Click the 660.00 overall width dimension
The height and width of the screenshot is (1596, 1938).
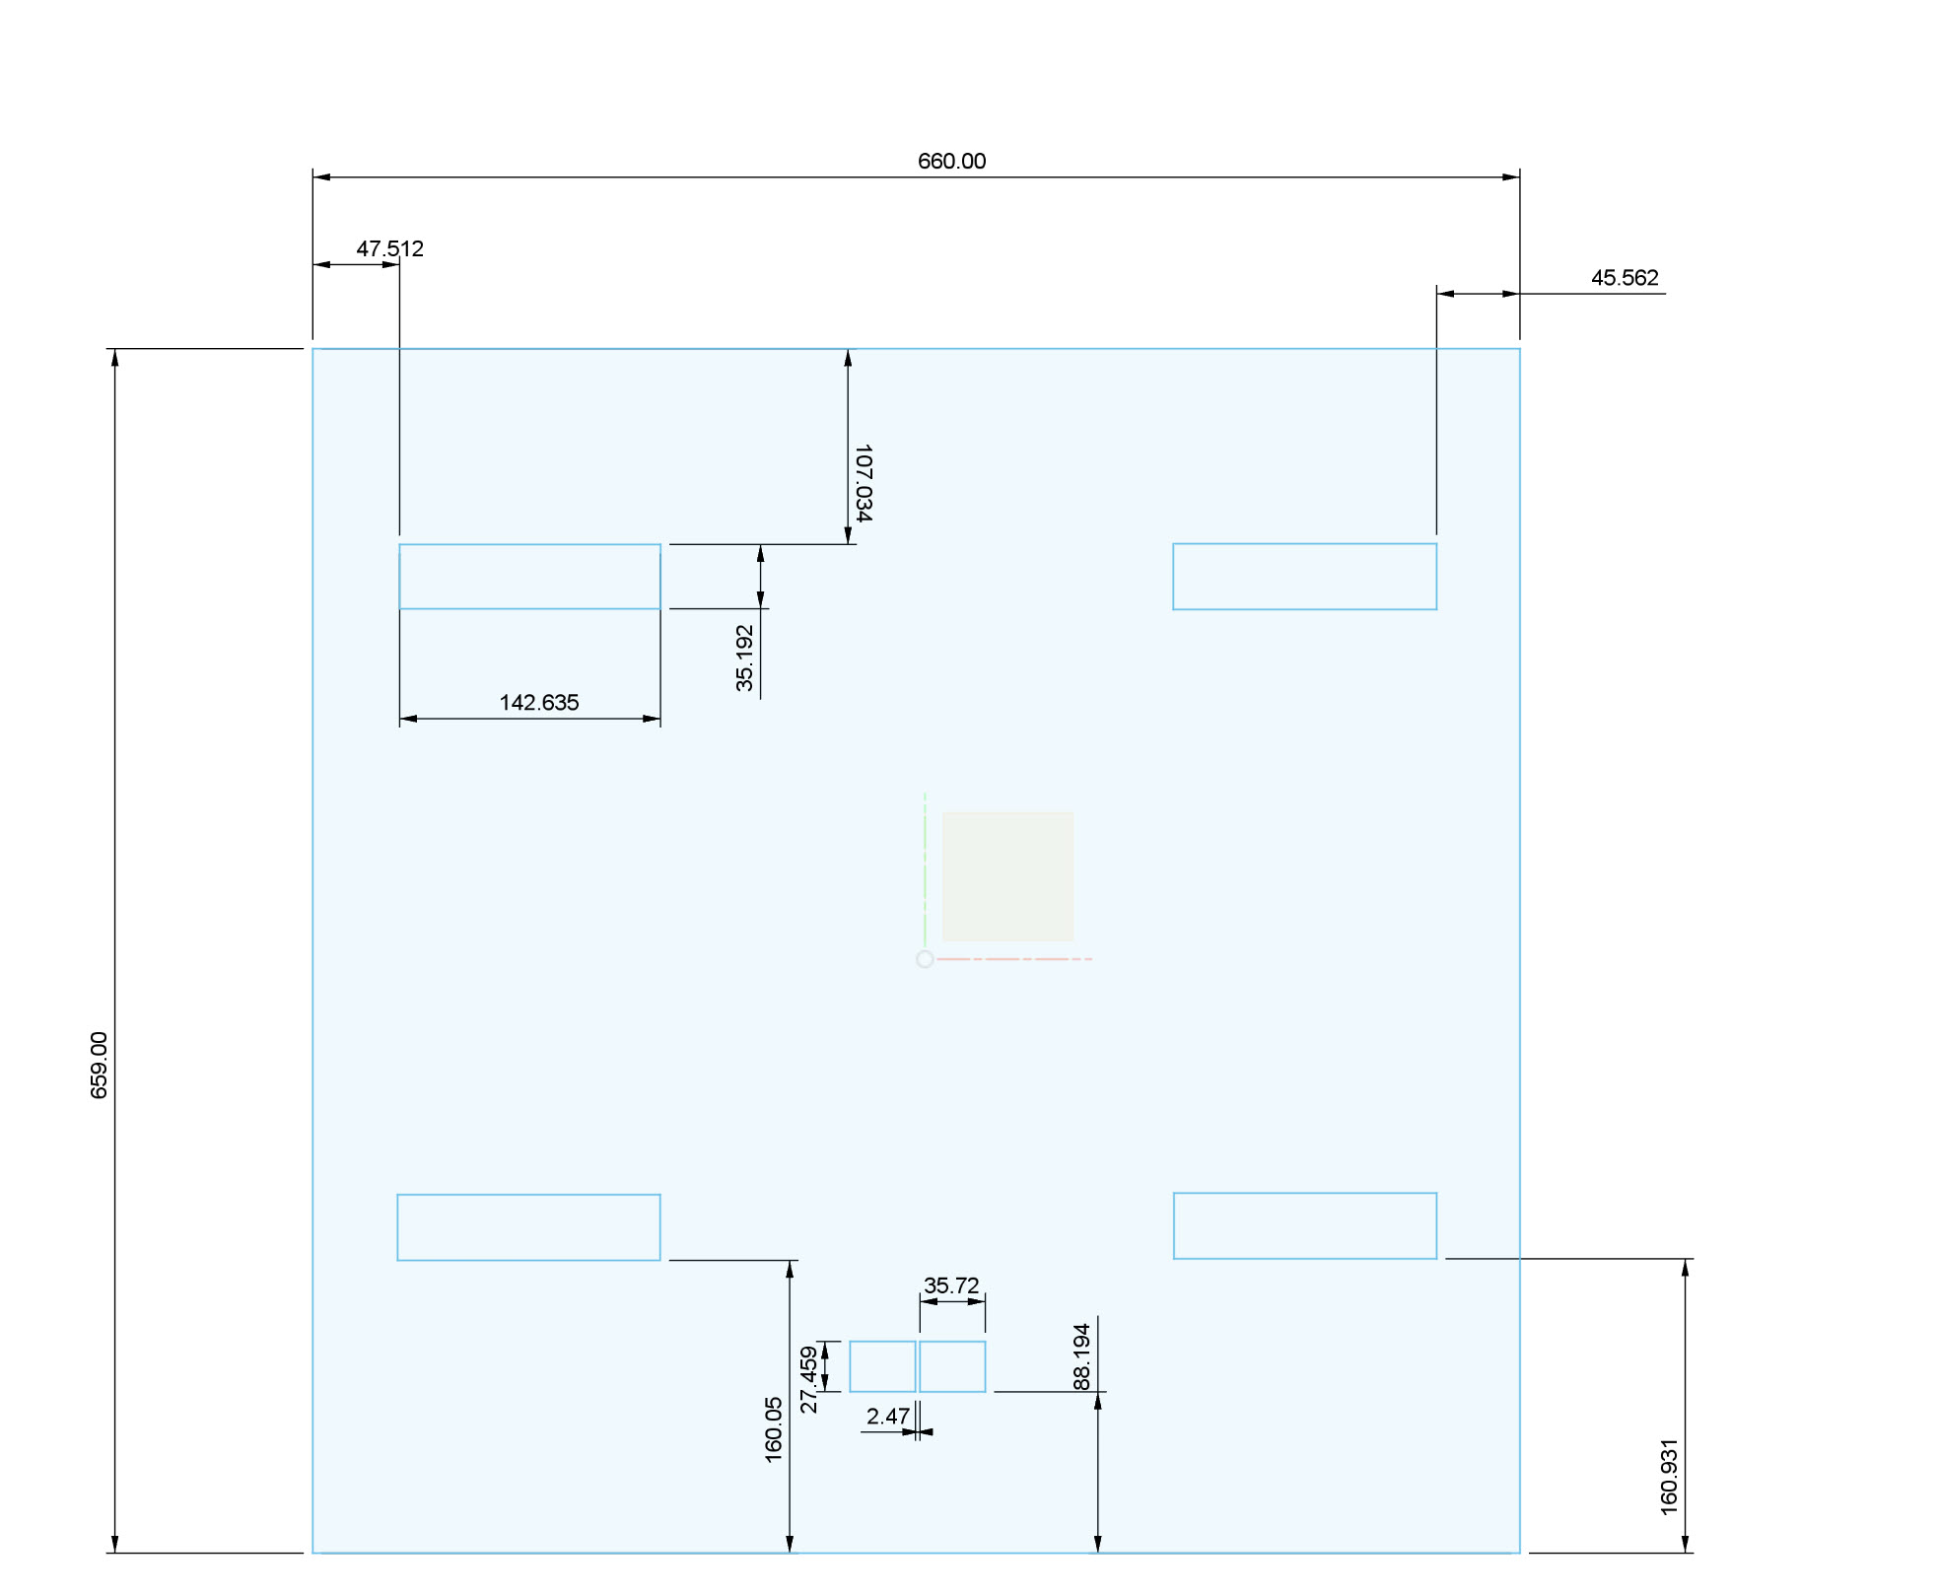tap(951, 161)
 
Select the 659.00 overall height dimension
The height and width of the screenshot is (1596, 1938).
tap(100, 1065)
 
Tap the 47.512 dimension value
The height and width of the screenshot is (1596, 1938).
tap(389, 248)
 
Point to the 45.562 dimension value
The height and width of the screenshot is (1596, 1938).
tap(1625, 278)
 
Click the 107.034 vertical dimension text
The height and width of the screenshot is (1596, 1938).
tap(863, 482)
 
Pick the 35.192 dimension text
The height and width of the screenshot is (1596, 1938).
tap(744, 658)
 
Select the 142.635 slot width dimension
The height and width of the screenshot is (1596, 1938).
tap(539, 703)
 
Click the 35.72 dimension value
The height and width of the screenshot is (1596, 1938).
tap(951, 1285)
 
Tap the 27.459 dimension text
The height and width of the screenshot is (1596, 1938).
tap(808, 1379)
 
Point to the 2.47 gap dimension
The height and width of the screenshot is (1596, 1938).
tap(887, 1417)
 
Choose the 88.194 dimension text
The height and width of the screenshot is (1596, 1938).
tap(1081, 1356)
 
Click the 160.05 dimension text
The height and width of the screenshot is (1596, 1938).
tap(773, 1429)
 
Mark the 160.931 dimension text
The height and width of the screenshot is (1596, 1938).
tap(1668, 1477)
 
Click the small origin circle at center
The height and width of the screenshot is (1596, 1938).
tap(925, 959)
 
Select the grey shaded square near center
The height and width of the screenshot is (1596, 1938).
tap(1007, 876)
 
